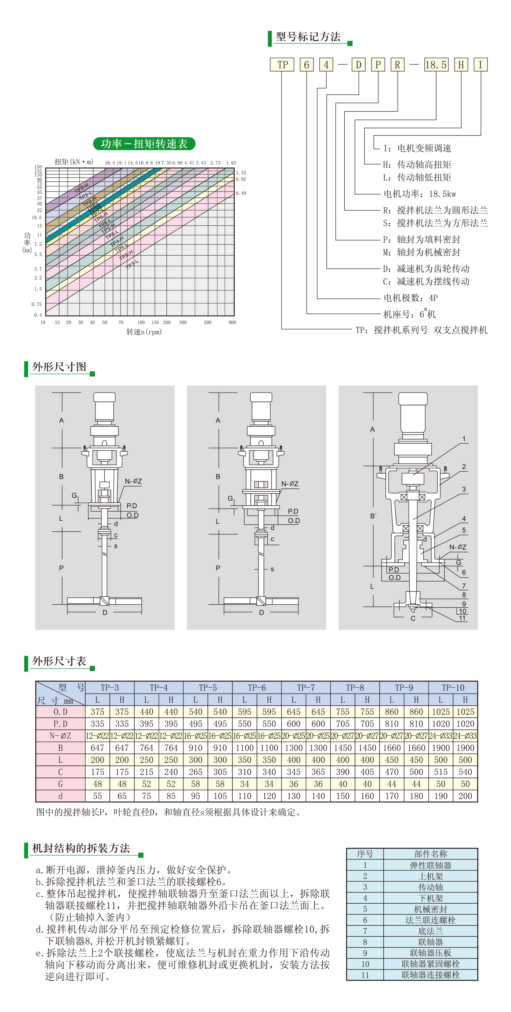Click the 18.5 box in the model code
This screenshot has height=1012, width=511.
(x=436, y=65)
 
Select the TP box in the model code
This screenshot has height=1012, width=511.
(x=282, y=65)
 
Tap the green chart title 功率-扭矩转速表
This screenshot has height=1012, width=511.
(x=144, y=144)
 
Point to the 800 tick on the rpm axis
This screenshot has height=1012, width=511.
(x=232, y=323)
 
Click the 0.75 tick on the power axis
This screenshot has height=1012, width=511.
(x=37, y=304)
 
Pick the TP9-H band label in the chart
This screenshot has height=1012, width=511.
(x=81, y=189)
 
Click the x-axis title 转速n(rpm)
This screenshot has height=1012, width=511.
(x=144, y=332)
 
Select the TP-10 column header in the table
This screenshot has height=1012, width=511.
(x=453, y=688)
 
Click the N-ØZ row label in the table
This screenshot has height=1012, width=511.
(x=60, y=736)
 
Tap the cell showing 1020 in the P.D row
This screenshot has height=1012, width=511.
(x=441, y=724)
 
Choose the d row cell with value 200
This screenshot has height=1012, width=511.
(x=465, y=796)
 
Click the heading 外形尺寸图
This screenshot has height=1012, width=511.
(x=59, y=367)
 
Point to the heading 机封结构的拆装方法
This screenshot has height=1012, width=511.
(x=81, y=848)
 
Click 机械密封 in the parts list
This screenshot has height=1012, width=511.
(x=430, y=909)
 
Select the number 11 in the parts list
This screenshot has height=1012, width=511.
(x=365, y=975)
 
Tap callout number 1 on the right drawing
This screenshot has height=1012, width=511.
(x=464, y=439)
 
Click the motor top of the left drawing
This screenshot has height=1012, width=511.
(x=105, y=397)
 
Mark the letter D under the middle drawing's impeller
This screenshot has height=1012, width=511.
(x=261, y=612)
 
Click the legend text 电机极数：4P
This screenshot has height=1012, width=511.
(x=410, y=298)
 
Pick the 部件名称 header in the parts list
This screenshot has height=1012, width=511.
(x=430, y=854)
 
